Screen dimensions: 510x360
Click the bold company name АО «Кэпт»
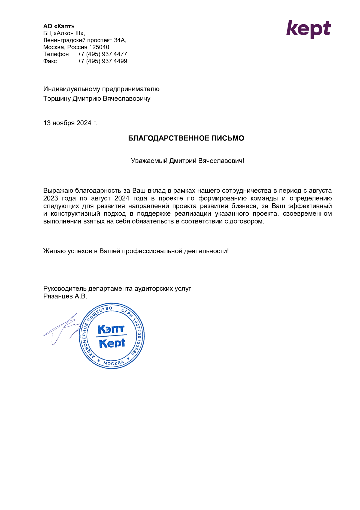pos(59,26)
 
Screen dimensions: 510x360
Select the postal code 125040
pos(99,47)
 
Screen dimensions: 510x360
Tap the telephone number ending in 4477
pos(102,54)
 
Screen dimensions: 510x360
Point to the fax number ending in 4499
pos(102,61)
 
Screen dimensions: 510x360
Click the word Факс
pos(50,61)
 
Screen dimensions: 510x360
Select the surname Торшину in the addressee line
pos(57,99)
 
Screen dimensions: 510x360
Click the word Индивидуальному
pos(72,89)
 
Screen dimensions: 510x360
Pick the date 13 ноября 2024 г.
pos(70,123)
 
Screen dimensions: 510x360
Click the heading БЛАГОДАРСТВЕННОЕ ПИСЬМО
pos(186,138)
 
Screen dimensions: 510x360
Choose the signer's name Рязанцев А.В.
pos(65,296)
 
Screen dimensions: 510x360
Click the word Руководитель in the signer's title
pos(65,288)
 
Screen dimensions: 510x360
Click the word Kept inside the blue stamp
pos(112,343)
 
